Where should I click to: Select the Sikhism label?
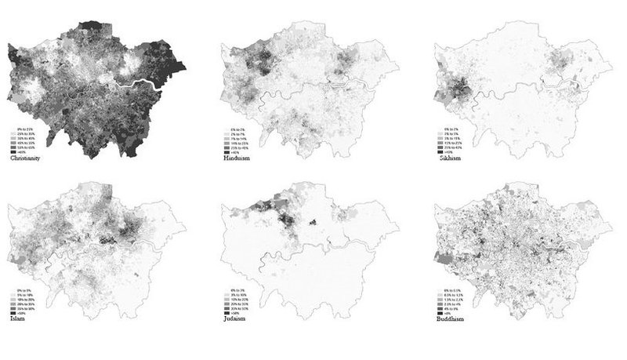click(x=452, y=158)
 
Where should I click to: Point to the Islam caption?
click(x=15, y=321)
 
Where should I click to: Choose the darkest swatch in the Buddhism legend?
click(x=441, y=314)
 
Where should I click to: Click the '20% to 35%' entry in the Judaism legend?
click(x=240, y=304)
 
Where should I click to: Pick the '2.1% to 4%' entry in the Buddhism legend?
click(x=455, y=304)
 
